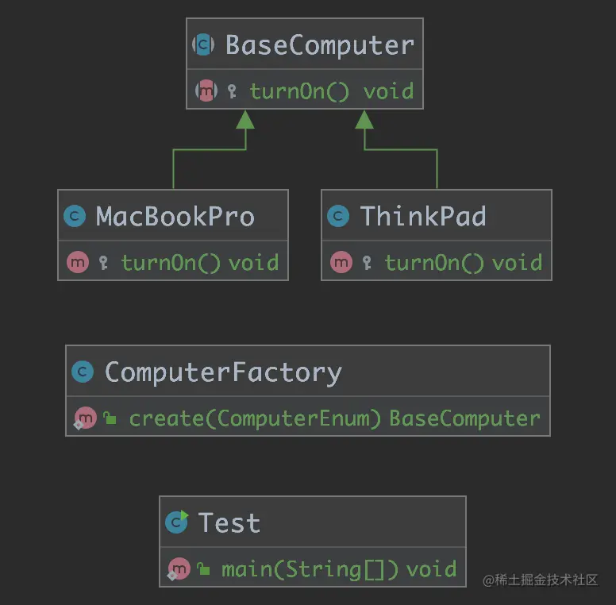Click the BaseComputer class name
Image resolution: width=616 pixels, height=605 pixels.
pyautogui.click(x=319, y=45)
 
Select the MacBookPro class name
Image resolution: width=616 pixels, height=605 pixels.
pyautogui.click(x=175, y=217)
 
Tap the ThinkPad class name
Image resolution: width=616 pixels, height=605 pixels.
pyautogui.click(x=422, y=217)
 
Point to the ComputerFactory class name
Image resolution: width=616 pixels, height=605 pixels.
pyautogui.click(x=223, y=372)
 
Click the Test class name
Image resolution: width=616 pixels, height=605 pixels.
pyautogui.click(x=229, y=523)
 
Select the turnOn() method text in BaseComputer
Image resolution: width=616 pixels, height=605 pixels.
pyautogui.click(x=299, y=91)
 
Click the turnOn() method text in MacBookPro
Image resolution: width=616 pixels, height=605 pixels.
pyautogui.click(x=171, y=263)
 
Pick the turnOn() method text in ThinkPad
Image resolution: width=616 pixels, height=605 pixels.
pyautogui.click(x=434, y=263)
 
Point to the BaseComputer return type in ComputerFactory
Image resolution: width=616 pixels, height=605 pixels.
pyautogui.click(x=464, y=418)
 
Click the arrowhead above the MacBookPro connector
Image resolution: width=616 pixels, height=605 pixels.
pyautogui.click(x=245, y=120)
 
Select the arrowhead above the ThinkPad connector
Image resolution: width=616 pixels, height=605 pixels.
pyautogui.click(x=364, y=120)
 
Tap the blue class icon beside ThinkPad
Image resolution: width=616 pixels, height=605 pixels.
pyautogui.click(x=339, y=217)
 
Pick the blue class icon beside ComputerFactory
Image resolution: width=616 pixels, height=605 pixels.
pyautogui.click(x=83, y=372)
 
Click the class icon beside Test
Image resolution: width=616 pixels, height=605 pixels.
pyautogui.click(x=176, y=522)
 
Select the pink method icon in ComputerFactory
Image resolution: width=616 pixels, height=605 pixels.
pyautogui.click(x=85, y=418)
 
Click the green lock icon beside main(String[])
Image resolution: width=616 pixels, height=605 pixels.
pyautogui.click(x=204, y=569)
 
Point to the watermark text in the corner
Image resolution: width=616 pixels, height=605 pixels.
pyautogui.click(x=540, y=580)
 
